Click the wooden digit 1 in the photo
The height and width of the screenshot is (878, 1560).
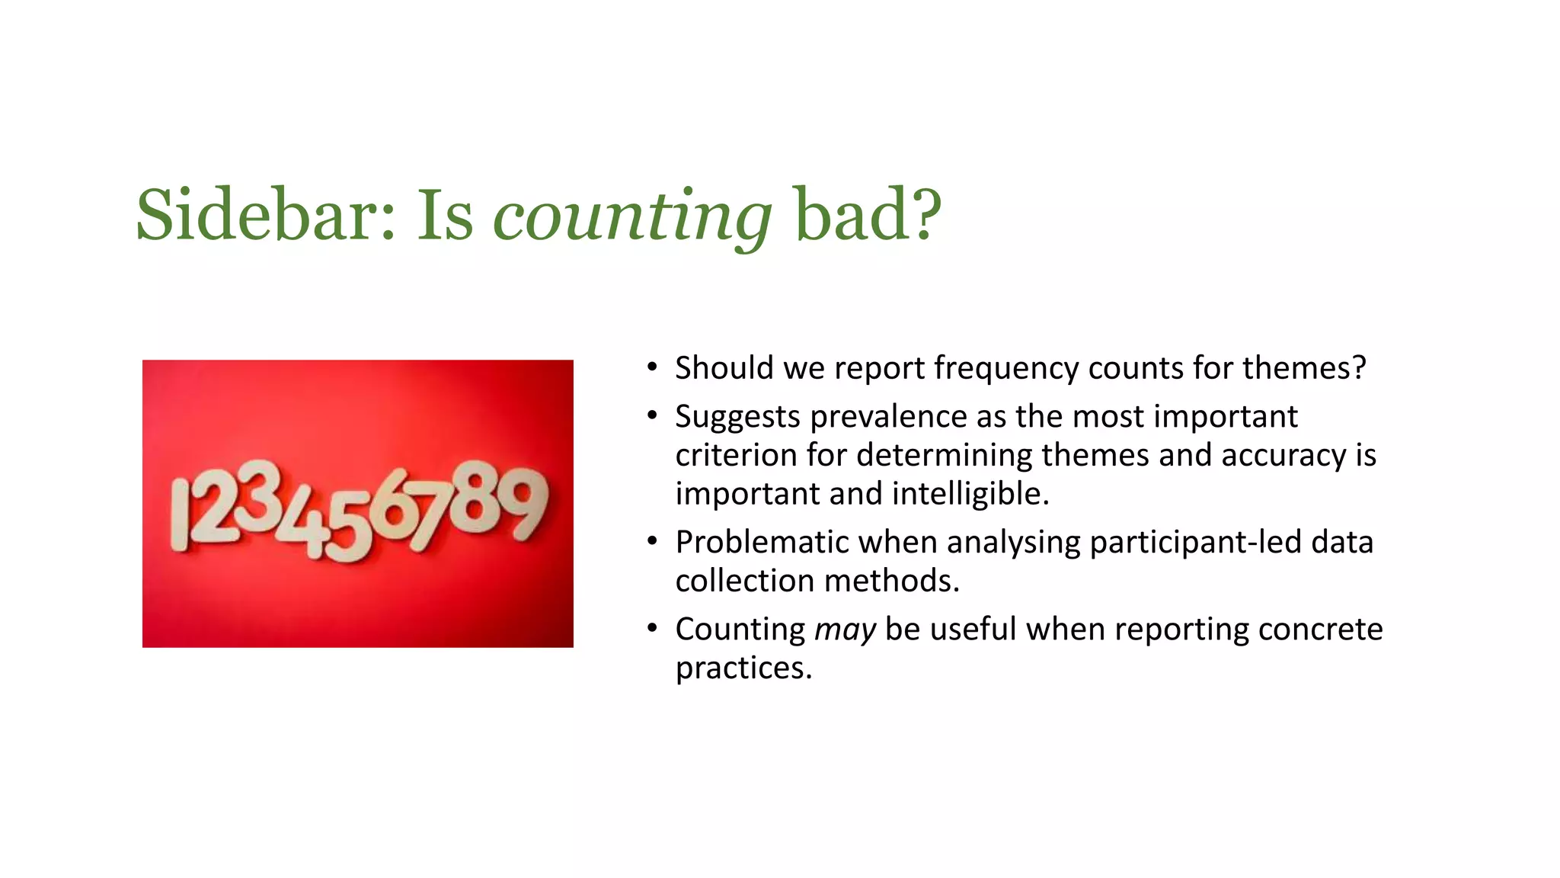(180, 514)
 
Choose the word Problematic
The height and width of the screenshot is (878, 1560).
(762, 543)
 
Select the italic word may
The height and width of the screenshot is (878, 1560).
(845, 630)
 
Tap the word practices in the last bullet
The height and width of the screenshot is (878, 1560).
(743, 668)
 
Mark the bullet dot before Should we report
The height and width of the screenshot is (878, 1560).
(652, 368)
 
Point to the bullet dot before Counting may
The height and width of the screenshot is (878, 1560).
(652, 630)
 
